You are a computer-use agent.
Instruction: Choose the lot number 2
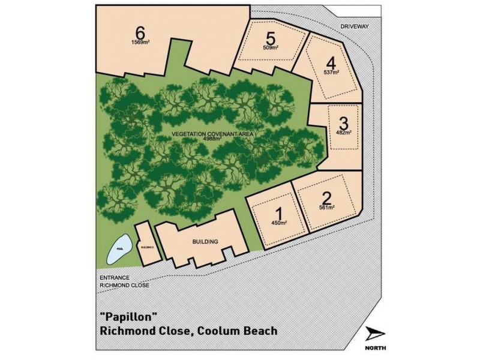(x=326, y=197)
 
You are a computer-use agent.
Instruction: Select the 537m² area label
(x=331, y=72)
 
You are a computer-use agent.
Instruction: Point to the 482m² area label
(x=344, y=132)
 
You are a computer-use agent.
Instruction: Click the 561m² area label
(x=327, y=208)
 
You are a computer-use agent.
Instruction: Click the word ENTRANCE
(x=113, y=278)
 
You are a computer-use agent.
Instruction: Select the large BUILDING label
(x=205, y=242)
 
